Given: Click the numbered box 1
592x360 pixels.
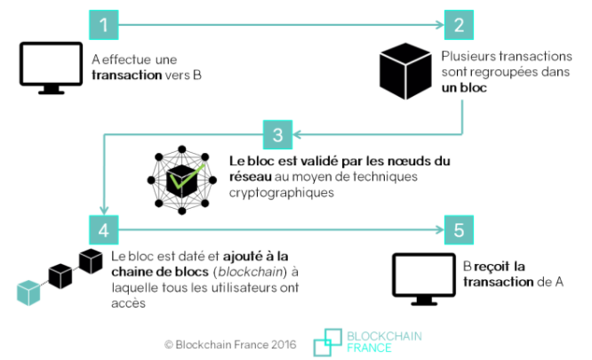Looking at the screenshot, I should coord(103,24).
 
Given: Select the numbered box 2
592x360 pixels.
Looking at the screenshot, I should coord(459,24).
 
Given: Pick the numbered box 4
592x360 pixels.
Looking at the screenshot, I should coord(103,230).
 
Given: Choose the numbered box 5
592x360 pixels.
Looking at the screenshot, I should coord(459,230).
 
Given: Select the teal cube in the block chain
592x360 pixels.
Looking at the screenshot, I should coord(29,289).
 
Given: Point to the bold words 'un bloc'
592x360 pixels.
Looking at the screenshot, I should coord(464,91).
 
